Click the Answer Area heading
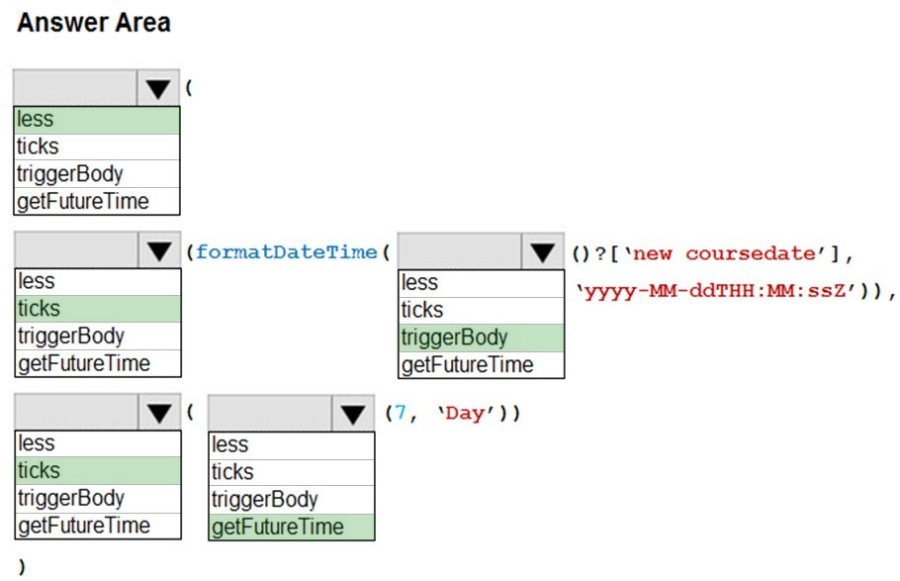click(x=94, y=23)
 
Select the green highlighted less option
click(x=97, y=120)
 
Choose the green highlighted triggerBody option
click(x=481, y=338)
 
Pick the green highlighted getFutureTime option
click(x=292, y=527)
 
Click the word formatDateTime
click(x=287, y=251)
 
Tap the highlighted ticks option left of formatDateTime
click(x=98, y=309)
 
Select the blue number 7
click(x=400, y=413)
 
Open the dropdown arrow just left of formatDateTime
click(x=159, y=250)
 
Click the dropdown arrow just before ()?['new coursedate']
click(x=542, y=251)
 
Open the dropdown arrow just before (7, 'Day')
click(x=353, y=413)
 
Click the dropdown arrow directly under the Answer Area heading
click(x=158, y=88)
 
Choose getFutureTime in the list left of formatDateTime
click(x=84, y=363)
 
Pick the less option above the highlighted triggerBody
click(x=419, y=282)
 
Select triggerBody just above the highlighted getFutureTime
click(x=265, y=499)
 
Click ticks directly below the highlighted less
click(x=38, y=146)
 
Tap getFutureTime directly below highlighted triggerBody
click(x=467, y=365)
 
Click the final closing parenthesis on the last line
click(x=22, y=566)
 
